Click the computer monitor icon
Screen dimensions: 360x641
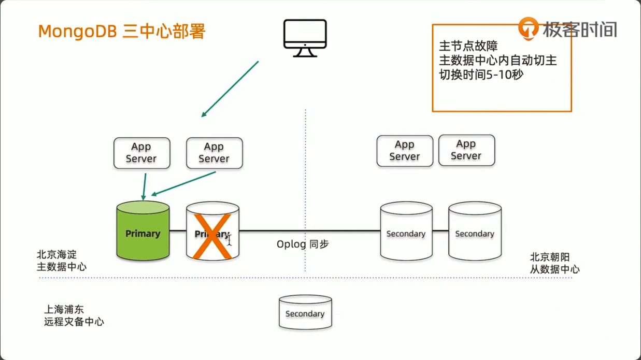(x=305, y=37)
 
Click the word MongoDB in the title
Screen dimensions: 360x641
(x=78, y=31)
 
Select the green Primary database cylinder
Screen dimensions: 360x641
(x=143, y=232)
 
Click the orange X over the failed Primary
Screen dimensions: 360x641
(x=211, y=236)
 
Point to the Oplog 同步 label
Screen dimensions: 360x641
(x=302, y=244)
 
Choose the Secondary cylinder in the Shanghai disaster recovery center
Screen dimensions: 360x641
(x=305, y=312)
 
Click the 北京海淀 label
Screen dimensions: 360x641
(x=56, y=255)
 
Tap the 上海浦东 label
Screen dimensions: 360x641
(x=64, y=310)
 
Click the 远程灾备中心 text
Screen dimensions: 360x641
(x=74, y=322)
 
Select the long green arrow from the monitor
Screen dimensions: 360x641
(x=230, y=89)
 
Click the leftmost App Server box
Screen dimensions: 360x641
(x=141, y=153)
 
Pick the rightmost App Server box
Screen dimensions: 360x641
(x=466, y=150)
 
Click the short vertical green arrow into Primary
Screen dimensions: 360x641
(x=145, y=186)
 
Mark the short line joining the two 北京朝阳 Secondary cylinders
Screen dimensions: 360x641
(x=440, y=231)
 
